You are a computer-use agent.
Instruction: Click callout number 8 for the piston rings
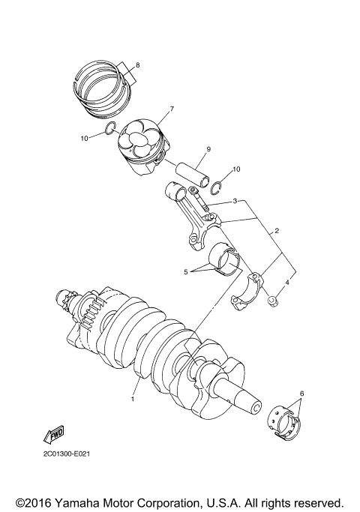point(137,64)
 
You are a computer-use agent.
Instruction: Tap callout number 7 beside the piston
point(171,109)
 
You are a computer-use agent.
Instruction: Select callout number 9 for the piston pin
point(208,148)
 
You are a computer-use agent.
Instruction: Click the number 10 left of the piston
point(85,139)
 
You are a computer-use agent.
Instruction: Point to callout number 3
point(235,202)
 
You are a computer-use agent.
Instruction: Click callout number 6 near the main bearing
point(301,393)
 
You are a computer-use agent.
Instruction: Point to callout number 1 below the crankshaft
point(132,400)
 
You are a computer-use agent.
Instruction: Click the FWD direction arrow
point(55,436)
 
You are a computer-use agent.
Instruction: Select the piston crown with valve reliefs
point(141,137)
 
